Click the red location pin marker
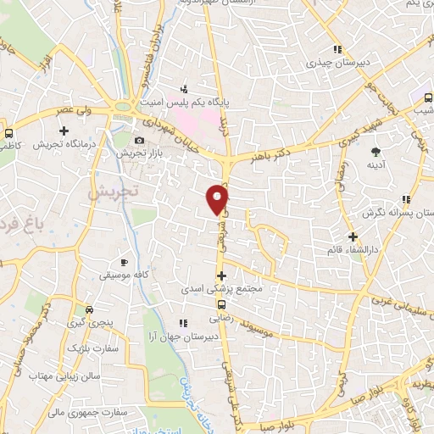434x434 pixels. pyautogui.click(x=219, y=198)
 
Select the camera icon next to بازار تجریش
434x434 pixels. pyautogui.click(x=139, y=140)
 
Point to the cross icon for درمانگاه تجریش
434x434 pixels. pyautogui.click(x=64, y=131)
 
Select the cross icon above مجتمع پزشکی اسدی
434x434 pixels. pyautogui.click(x=221, y=275)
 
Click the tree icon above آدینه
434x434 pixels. pyautogui.click(x=375, y=153)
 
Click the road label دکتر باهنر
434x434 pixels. pyautogui.click(x=272, y=155)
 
